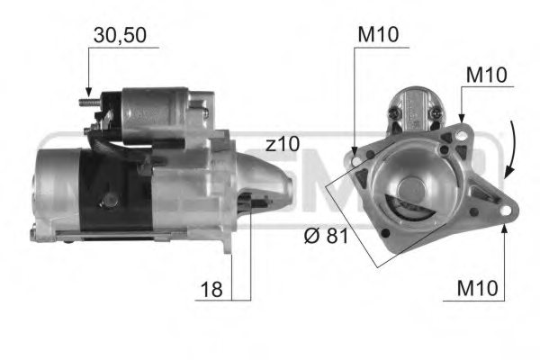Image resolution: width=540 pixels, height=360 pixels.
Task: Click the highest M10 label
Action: click(378, 36)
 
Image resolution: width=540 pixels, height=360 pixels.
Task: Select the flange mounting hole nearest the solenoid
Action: click(461, 135)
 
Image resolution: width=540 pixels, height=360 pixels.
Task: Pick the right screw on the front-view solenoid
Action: click(436, 115)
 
